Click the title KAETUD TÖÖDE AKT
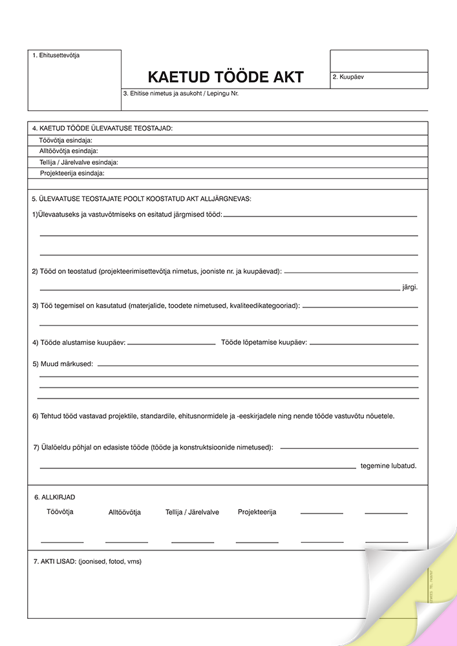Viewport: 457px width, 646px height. click(x=226, y=77)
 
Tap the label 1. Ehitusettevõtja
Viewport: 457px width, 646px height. click(x=56, y=56)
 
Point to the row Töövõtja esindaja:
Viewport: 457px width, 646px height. click(x=65, y=140)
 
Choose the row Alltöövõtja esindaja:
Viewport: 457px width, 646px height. click(x=69, y=151)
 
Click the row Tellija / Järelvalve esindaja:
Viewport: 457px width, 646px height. click(x=78, y=162)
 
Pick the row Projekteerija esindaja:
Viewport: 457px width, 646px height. click(x=72, y=173)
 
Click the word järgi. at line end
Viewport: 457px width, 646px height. click(x=410, y=287)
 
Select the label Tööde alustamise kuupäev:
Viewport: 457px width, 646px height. click(x=79, y=342)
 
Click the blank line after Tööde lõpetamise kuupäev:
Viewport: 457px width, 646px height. click(x=363, y=344)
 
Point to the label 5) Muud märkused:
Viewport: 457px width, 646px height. click(x=63, y=364)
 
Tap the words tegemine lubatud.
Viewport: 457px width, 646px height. click(x=388, y=466)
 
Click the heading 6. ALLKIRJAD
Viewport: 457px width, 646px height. click(x=54, y=497)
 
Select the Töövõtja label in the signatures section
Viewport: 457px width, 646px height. click(x=60, y=512)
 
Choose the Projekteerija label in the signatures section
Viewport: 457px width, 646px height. click(x=257, y=512)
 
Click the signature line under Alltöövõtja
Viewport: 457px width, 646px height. click(x=127, y=541)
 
